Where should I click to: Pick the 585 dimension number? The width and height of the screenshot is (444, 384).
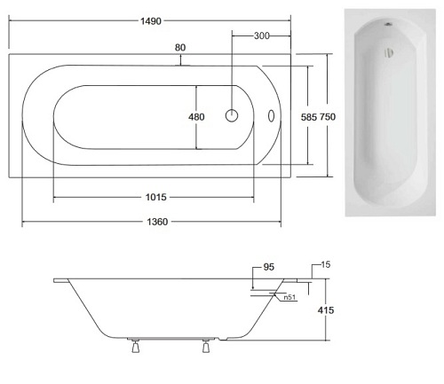pos(310,116)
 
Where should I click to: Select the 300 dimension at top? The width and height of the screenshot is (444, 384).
pos(262,35)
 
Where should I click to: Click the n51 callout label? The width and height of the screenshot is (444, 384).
pos(289,298)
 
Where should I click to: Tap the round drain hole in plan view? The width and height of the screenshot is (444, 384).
pos(233,115)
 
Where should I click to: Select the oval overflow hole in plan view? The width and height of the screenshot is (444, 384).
pos(273,115)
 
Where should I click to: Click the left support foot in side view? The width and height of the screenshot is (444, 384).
pos(134,349)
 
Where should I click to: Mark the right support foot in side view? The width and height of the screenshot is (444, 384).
pos(207,349)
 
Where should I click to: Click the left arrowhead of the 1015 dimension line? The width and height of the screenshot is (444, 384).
pos(56,197)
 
